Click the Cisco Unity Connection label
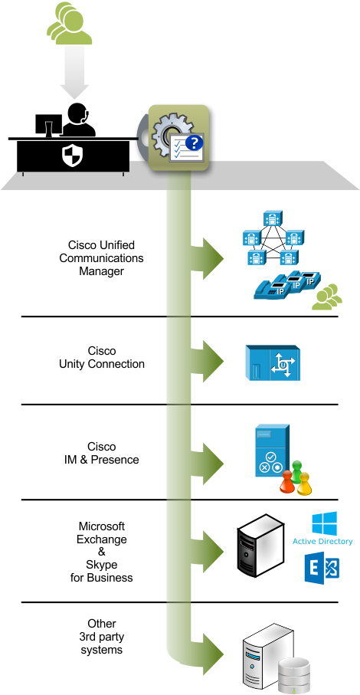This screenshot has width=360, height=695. coord(101,358)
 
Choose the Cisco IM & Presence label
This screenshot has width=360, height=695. coord(101,453)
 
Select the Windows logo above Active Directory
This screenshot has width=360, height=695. coord(322,523)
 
